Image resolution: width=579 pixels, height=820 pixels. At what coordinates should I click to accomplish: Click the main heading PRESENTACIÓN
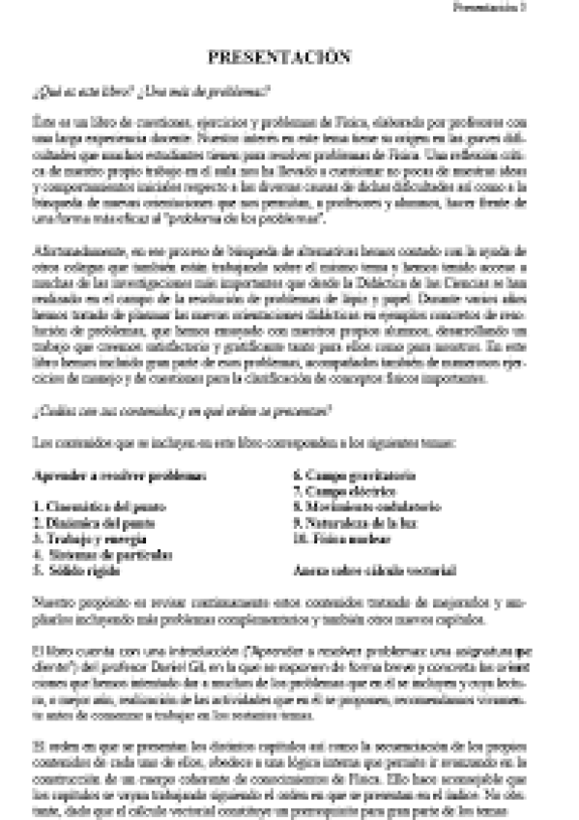(278, 58)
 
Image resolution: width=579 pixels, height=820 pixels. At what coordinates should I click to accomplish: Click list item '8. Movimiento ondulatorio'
(366, 507)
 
